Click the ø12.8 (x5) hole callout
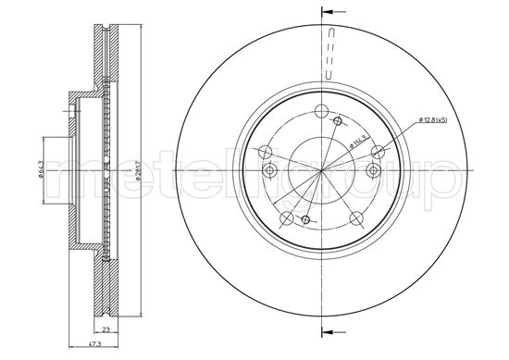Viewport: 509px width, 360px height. click(x=433, y=119)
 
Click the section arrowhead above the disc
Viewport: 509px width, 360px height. click(x=326, y=12)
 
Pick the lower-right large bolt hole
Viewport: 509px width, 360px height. click(x=355, y=217)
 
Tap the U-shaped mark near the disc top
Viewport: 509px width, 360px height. click(x=326, y=69)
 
